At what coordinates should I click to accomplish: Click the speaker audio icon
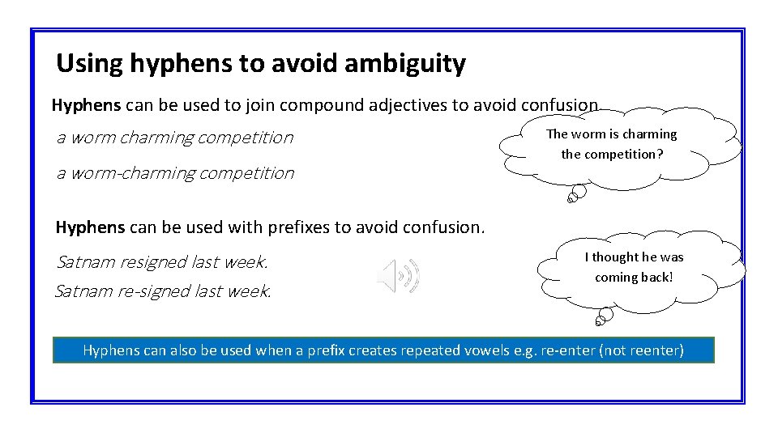pos(398,276)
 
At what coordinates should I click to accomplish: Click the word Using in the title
pos(87,63)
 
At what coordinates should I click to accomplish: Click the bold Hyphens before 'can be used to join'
pos(86,105)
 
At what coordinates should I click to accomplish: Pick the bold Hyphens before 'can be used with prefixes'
pos(90,227)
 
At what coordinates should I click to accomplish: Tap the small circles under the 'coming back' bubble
pos(601,317)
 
